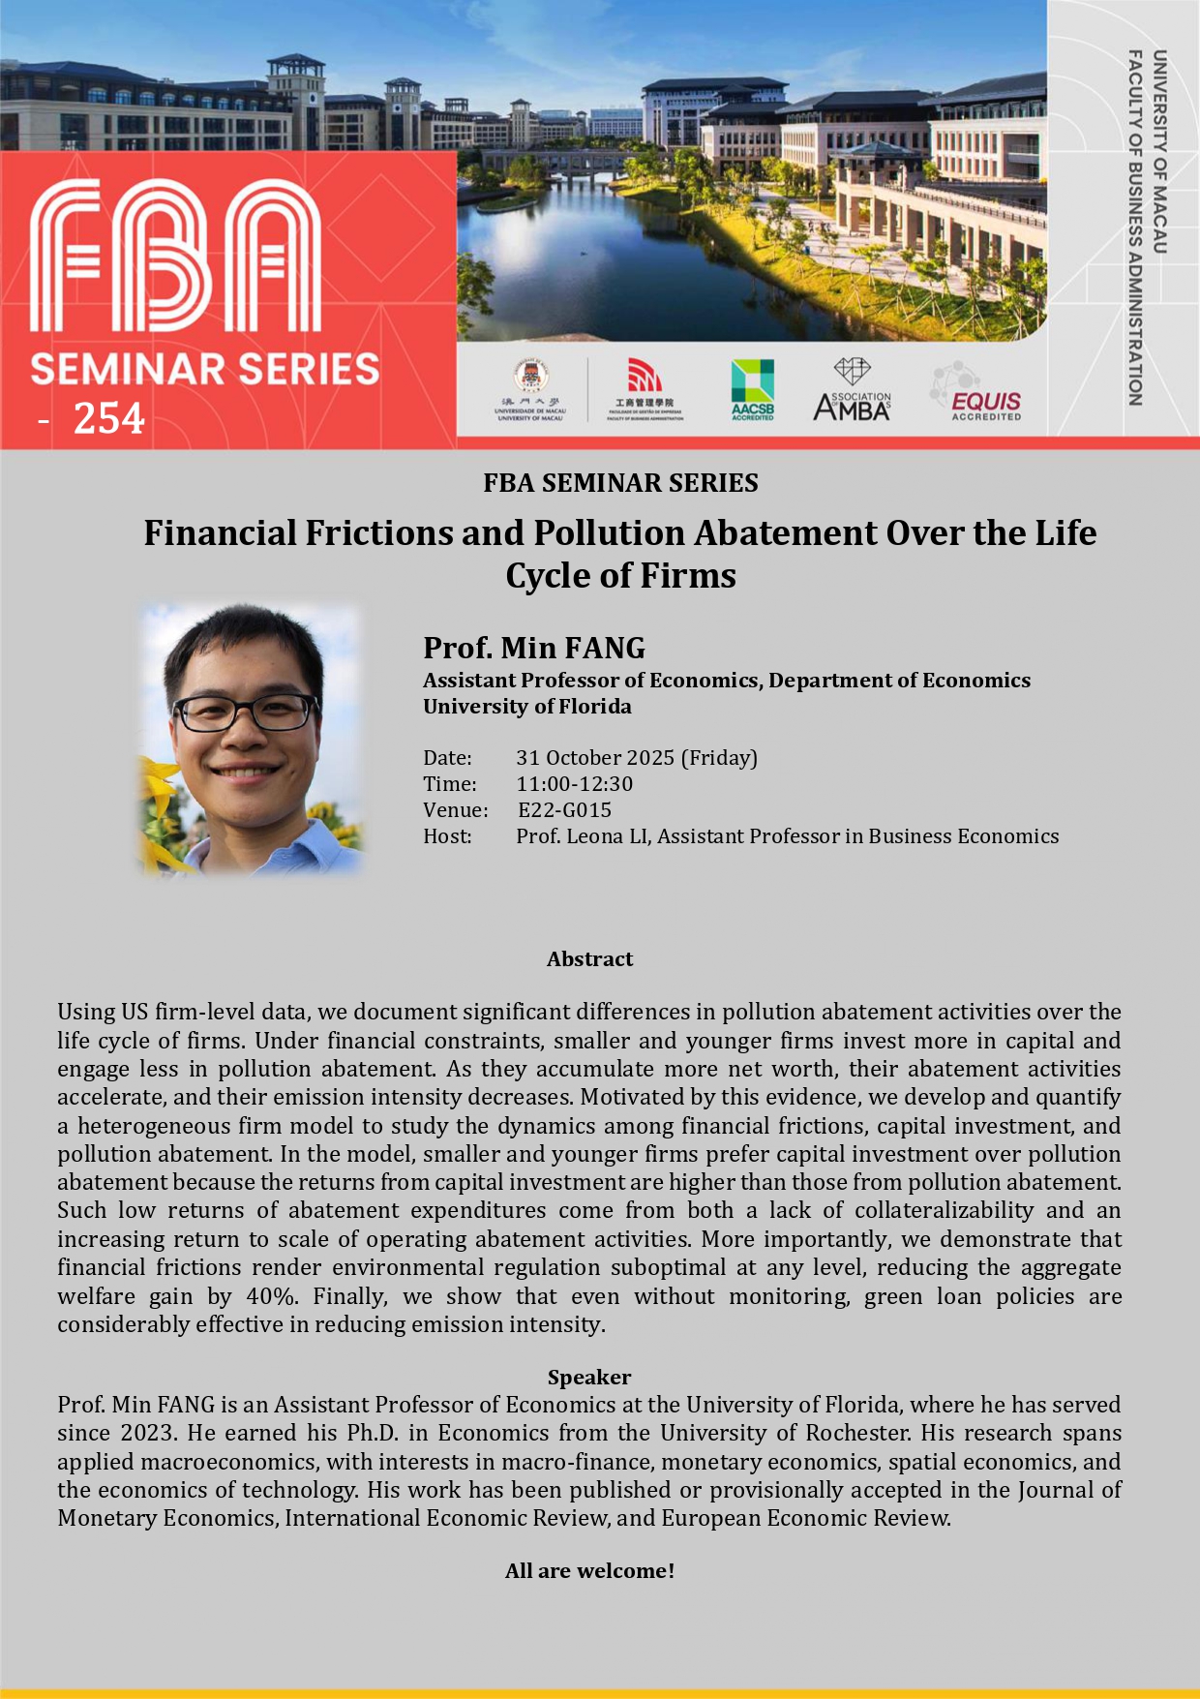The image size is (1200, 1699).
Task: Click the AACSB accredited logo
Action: click(x=752, y=389)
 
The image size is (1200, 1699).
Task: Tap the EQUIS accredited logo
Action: click(x=977, y=392)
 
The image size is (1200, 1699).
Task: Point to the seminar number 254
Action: click(x=108, y=419)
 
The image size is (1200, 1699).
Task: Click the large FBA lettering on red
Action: click(x=175, y=258)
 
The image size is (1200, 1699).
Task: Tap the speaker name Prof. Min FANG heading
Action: click(x=534, y=648)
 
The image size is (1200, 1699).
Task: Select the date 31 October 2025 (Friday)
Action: click(x=636, y=757)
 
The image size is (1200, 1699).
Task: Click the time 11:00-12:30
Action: click(x=574, y=783)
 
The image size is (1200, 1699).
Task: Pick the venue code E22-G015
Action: click(x=564, y=809)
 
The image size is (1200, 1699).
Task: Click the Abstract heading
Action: click(x=589, y=958)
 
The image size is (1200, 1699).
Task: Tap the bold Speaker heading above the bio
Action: click(x=588, y=1377)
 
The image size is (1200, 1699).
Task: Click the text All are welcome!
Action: click(x=589, y=1570)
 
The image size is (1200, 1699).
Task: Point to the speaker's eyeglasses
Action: click(x=245, y=713)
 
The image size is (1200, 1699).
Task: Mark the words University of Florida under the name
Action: click(x=527, y=706)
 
